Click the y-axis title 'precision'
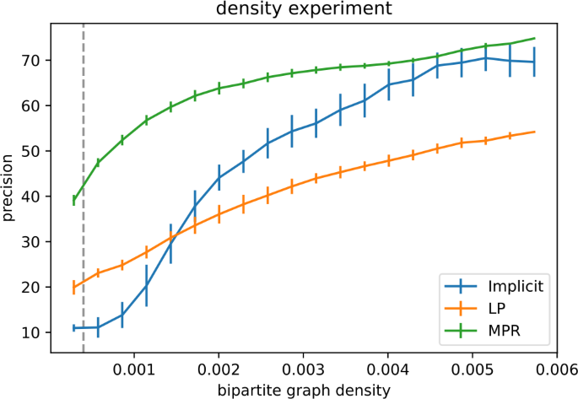tap(8, 185)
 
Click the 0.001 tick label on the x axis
tap(135, 369)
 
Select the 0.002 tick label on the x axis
tap(219, 369)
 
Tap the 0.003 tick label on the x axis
tap(303, 369)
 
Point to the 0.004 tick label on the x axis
tap(386, 369)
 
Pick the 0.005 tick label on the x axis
tap(471, 369)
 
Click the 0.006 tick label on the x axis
tap(553, 369)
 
